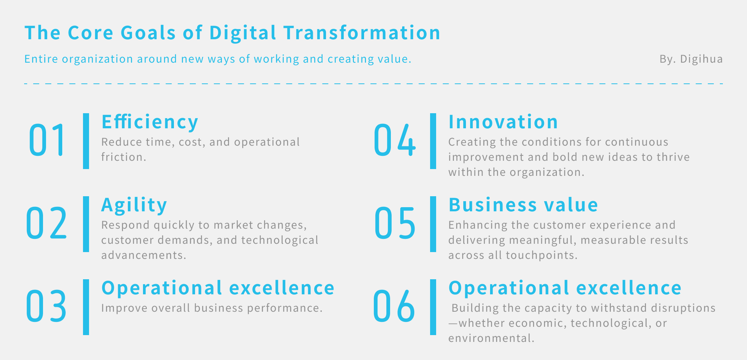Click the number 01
point(46,140)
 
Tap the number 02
point(46,223)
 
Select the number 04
point(395,140)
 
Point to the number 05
point(395,223)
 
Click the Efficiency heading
point(150,122)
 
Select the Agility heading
point(134,205)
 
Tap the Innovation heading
point(503,122)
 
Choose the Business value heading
point(523,205)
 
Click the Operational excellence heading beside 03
point(218,288)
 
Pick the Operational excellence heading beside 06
point(565,288)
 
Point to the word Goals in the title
point(148,32)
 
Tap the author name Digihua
point(701,59)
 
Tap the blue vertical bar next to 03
point(86,307)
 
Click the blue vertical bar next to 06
point(433,307)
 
